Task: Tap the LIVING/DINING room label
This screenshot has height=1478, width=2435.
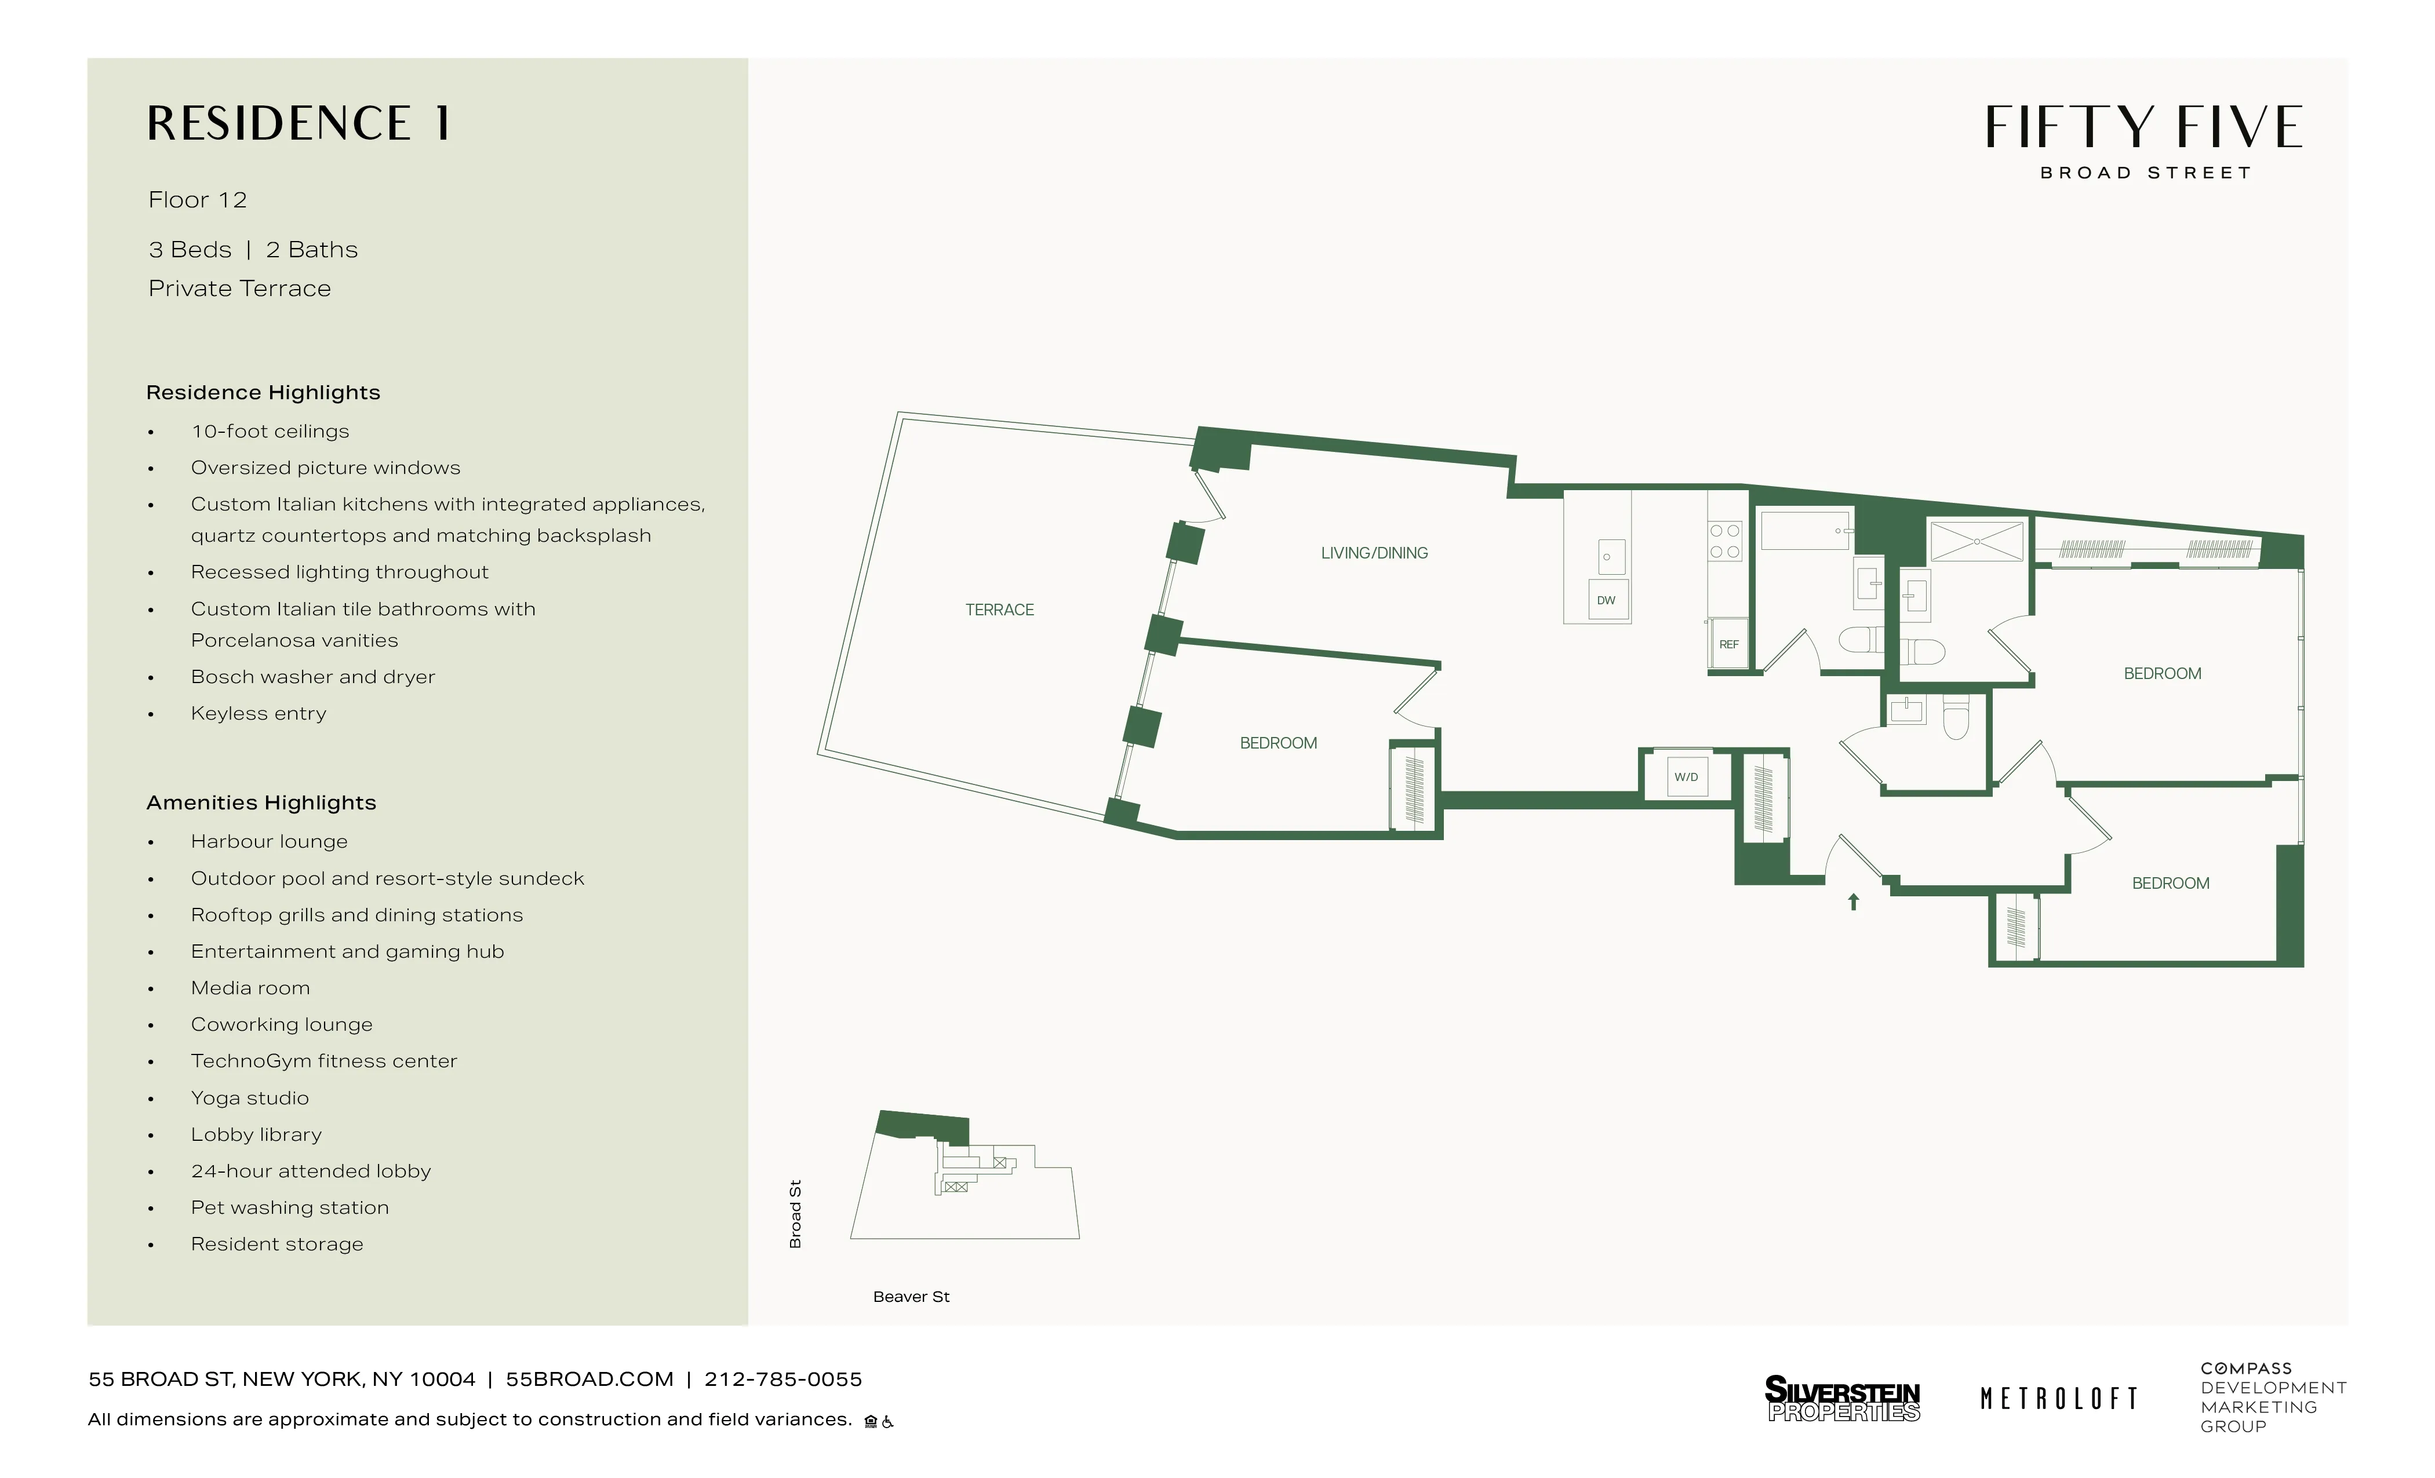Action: [1374, 553]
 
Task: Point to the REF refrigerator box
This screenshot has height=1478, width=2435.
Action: [1728, 644]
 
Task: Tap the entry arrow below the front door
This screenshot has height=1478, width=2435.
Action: [1854, 901]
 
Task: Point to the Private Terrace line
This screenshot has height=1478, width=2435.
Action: [240, 289]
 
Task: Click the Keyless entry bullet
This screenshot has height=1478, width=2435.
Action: [258, 713]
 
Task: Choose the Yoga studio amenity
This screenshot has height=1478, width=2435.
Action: [250, 1097]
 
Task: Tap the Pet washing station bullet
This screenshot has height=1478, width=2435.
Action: [290, 1207]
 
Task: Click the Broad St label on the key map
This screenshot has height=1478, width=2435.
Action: [795, 1214]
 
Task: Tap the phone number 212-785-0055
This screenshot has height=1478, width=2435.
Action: [782, 1379]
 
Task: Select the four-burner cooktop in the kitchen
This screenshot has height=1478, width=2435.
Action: [1726, 541]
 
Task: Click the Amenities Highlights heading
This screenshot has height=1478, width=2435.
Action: [261, 803]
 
